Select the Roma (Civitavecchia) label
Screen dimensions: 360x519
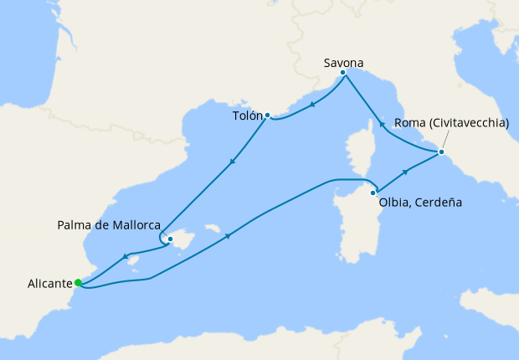[452, 123]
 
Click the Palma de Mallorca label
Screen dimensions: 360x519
[109, 225]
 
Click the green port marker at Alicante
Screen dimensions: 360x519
[78, 282]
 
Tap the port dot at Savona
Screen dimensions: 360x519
[343, 73]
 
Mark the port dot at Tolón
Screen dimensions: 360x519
[267, 115]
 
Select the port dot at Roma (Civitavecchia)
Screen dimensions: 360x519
[441, 152]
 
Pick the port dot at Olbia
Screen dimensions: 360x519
[373, 193]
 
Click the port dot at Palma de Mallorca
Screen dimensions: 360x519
[170, 239]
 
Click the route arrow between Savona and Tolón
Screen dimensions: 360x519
[311, 105]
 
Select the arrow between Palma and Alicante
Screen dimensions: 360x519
[125, 256]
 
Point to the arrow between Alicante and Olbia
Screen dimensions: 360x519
[228, 236]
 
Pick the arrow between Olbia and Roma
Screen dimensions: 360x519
[406, 172]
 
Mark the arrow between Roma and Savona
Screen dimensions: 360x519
[382, 124]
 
